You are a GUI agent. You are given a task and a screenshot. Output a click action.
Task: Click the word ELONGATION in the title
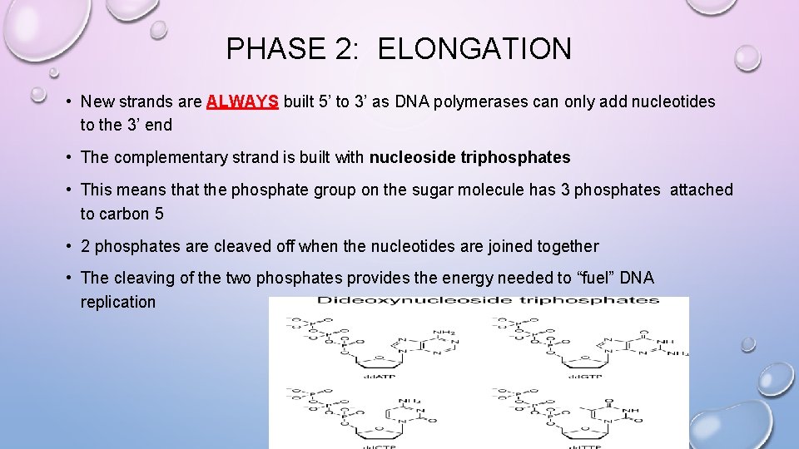pyautogui.click(x=474, y=49)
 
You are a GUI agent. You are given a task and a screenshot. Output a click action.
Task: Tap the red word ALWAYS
pyautogui.click(x=242, y=102)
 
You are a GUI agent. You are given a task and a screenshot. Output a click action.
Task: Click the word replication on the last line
pyautogui.click(x=118, y=302)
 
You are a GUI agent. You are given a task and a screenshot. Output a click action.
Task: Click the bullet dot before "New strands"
pyautogui.click(x=67, y=102)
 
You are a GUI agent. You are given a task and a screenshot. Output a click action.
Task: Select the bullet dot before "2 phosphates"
pyautogui.click(x=67, y=246)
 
